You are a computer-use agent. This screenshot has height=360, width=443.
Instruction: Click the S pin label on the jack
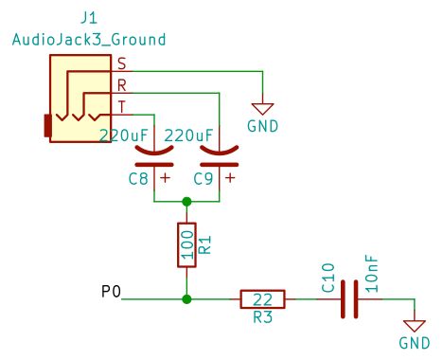coord(121,63)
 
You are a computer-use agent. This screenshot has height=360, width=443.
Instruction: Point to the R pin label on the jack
coord(121,84)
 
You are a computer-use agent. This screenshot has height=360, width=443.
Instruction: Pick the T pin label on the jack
coord(121,104)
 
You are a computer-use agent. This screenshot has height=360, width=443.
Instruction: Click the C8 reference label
coord(138,177)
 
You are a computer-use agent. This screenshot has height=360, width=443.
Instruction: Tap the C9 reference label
coord(204,177)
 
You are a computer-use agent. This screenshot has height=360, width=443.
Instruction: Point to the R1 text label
coord(205,245)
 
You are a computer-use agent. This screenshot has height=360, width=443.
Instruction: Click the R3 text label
coord(263,317)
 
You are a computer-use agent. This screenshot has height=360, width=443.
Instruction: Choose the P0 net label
coord(111,291)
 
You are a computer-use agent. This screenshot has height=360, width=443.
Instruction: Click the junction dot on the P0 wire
coord(186,299)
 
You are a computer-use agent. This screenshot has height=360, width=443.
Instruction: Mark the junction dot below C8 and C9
coord(186,202)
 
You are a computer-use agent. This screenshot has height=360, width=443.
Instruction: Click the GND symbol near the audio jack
coord(262,112)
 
